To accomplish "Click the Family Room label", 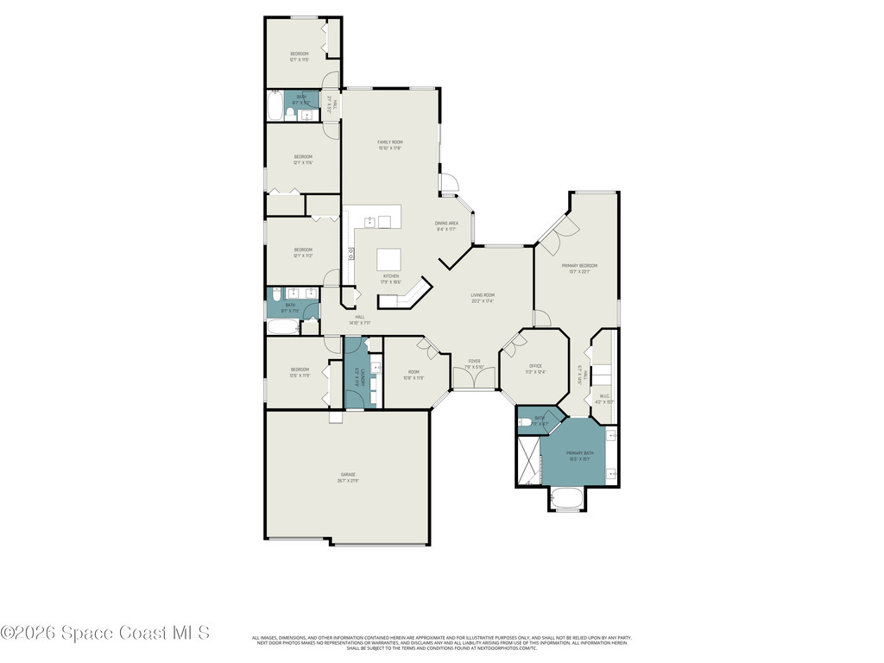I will pyautogui.click(x=390, y=142).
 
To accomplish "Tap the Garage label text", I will pyautogui.click(x=348, y=475).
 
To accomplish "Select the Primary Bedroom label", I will pyautogui.click(x=578, y=266).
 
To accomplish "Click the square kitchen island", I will pyautogui.click(x=389, y=260).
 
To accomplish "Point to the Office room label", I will pyautogui.click(x=536, y=367).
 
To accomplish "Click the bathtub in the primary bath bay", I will pyautogui.click(x=568, y=499).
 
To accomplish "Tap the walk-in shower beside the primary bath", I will pyautogui.click(x=527, y=460).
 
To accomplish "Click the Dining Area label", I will pyautogui.click(x=446, y=223).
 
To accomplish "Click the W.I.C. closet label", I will pyautogui.click(x=604, y=396).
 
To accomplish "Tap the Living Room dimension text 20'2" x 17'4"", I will pyautogui.click(x=482, y=301).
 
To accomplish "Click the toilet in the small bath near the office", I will pyautogui.click(x=525, y=422).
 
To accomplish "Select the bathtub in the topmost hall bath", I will pyautogui.click(x=275, y=108).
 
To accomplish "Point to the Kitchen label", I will pyautogui.click(x=391, y=276).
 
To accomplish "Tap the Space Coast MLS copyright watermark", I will pyautogui.click(x=104, y=633).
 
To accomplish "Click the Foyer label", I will pyautogui.click(x=474, y=361).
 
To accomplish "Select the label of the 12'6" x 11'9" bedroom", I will pyautogui.click(x=299, y=370).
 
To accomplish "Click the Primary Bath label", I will pyautogui.click(x=579, y=453).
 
